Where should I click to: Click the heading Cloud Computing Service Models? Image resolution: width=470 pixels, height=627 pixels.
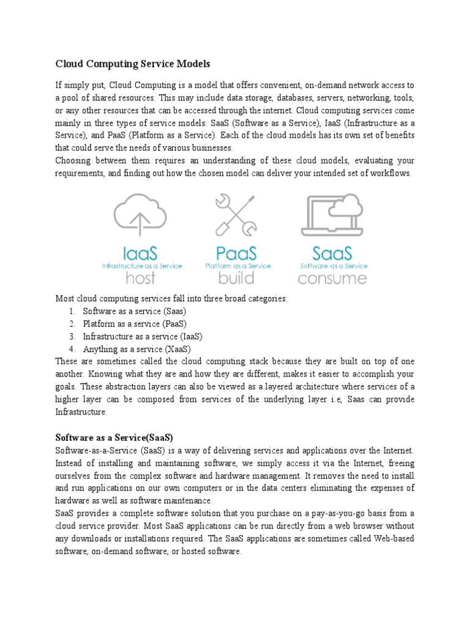point(133,63)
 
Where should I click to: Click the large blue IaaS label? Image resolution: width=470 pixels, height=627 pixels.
point(140,253)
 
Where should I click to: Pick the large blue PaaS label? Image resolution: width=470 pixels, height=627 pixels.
point(237,253)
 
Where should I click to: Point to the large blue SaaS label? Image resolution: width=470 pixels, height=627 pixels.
point(332,253)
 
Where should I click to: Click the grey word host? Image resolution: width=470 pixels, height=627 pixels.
point(140,278)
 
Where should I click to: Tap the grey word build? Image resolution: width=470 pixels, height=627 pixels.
point(237,278)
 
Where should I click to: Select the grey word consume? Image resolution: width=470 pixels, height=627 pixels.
point(332,279)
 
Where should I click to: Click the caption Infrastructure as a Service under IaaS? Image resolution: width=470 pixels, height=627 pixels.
point(141,266)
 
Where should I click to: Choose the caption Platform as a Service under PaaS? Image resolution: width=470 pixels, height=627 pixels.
point(237,266)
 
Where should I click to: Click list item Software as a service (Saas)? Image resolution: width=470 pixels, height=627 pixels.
point(135,311)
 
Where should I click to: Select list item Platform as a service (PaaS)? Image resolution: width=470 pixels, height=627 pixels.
point(135,324)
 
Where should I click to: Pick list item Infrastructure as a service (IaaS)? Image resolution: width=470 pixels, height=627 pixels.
point(143,337)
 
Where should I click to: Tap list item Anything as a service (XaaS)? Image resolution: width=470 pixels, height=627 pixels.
point(136,349)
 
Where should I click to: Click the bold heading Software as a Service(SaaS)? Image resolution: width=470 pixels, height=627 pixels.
point(114,438)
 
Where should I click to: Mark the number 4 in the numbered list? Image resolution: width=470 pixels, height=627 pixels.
point(72,349)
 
